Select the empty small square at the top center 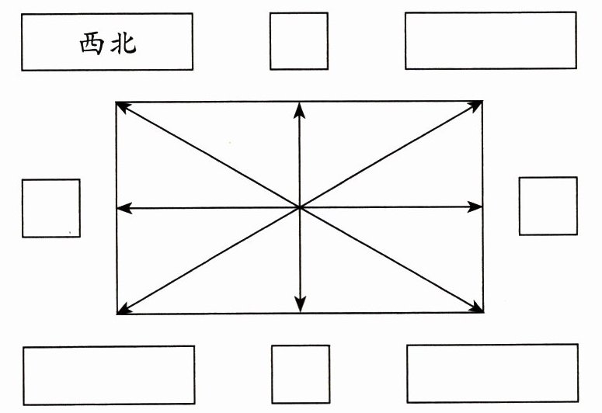[298, 41]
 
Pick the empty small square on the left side [50, 208]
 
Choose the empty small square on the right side [548, 206]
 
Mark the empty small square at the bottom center [300, 374]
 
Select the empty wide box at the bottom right [492, 375]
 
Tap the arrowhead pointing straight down [301, 307]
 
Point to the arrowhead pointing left [122, 208]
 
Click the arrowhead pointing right [477, 207]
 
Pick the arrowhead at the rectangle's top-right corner [478, 105]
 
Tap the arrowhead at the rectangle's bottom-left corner [122, 311]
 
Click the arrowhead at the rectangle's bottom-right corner [478, 311]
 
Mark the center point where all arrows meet [300, 207]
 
